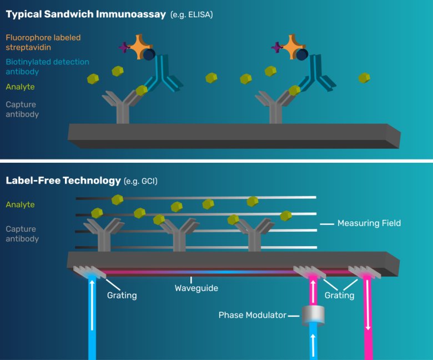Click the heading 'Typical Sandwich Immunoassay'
tap(86, 14)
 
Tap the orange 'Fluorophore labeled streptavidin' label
tap(43, 42)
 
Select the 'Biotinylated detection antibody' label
tap(47, 66)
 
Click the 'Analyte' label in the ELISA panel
tap(20, 87)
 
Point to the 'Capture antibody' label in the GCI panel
tap(22, 234)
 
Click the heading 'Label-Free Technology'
tap(63, 181)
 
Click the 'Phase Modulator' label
tap(252, 315)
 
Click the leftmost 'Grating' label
tap(122, 295)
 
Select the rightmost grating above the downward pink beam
tap(365, 272)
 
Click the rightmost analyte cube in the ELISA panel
tap(364, 77)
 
